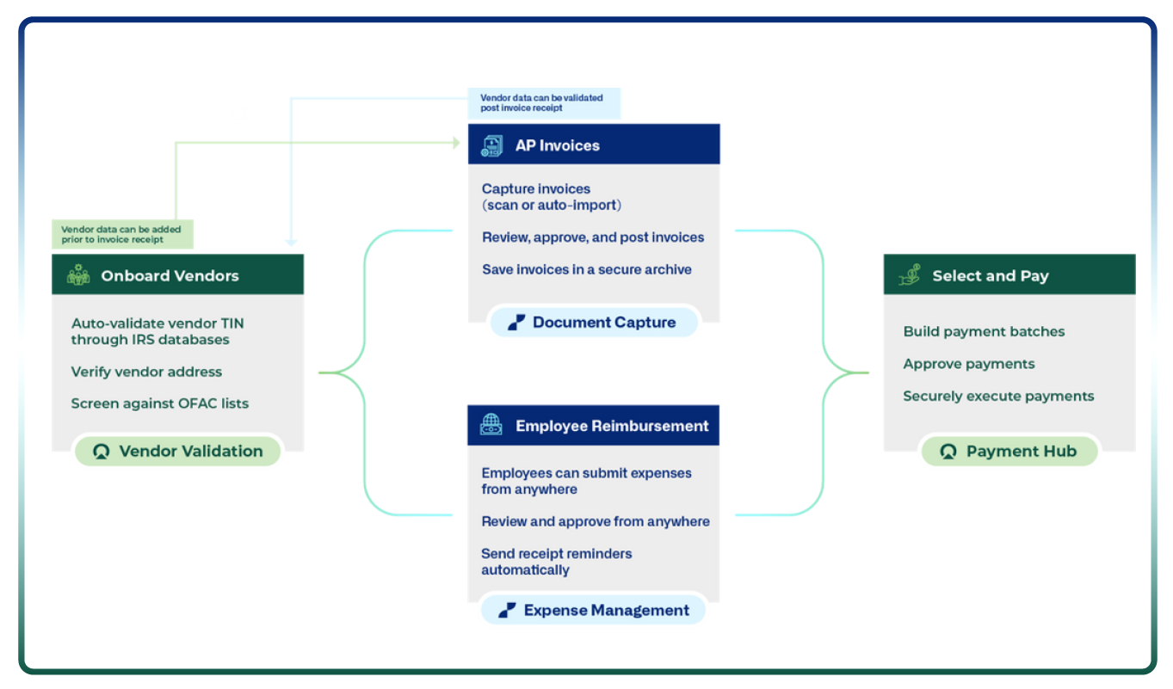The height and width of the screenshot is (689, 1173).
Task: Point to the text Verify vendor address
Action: pyautogui.click(x=146, y=372)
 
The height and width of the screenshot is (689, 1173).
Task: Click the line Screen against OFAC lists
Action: pyautogui.click(x=159, y=403)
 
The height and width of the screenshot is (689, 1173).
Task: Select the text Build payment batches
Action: pyautogui.click(x=984, y=331)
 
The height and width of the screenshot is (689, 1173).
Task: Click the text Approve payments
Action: pyautogui.click(x=968, y=364)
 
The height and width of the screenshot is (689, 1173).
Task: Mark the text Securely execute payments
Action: pyautogui.click(x=998, y=396)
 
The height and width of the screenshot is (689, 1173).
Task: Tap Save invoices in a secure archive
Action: pyautogui.click(x=586, y=269)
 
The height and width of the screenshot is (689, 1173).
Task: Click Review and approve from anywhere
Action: pyautogui.click(x=595, y=521)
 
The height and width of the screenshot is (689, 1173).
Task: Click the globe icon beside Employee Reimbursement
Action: pyautogui.click(x=491, y=426)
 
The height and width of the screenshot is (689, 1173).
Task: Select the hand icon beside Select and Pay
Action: pyautogui.click(x=909, y=275)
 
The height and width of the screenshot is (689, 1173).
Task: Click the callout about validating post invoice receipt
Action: pyautogui.click(x=543, y=103)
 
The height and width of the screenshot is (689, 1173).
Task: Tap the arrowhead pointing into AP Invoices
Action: pyautogui.click(x=456, y=143)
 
